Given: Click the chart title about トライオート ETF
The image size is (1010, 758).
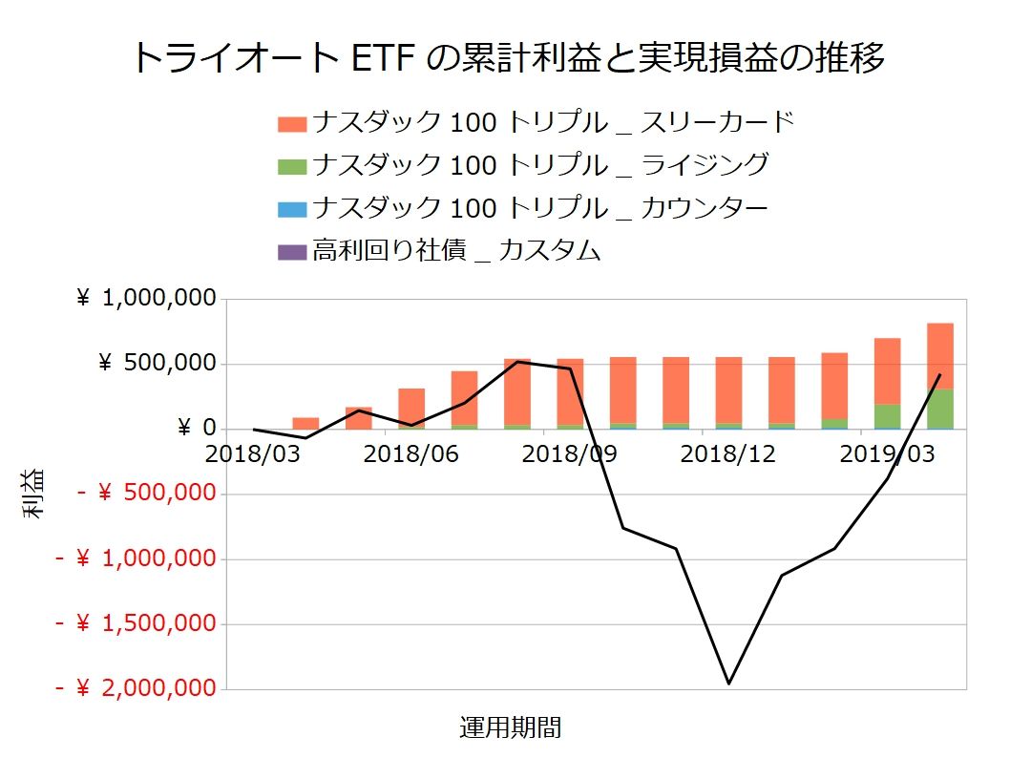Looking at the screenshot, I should (x=505, y=57).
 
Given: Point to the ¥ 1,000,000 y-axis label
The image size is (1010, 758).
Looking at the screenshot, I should (x=145, y=299).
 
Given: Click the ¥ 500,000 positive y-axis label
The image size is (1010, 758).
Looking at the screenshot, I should (x=157, y=364).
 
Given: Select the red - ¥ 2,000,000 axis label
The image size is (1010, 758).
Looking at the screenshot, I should (x=134, y=688).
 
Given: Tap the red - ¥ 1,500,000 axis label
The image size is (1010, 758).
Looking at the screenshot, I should (x=134, y=623).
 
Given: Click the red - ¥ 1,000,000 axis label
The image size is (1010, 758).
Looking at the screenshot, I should (x=134, y=558).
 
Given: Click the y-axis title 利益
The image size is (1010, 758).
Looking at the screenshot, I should (x=34, y=494).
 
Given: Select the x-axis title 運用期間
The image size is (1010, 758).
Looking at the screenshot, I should (x=511, y=728).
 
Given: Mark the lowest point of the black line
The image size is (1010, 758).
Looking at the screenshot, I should (x=728, y=684).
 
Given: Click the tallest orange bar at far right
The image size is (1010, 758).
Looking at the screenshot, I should (x=940, y=355).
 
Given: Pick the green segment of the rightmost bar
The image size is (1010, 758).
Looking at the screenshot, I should (x=940, y=409).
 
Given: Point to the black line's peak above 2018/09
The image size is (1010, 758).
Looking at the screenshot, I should (x=517, y=362).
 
